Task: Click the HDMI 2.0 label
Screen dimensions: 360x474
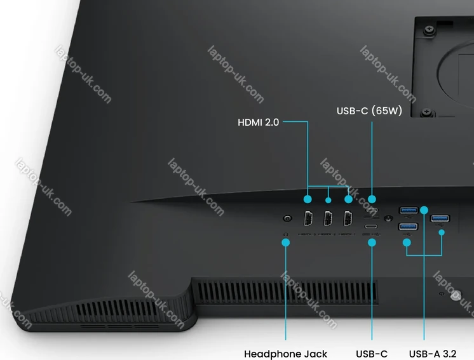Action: (x=258, y=122)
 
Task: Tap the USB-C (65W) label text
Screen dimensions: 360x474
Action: (x=369, y=111)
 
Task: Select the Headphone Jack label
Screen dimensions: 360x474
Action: (x=285, y=354)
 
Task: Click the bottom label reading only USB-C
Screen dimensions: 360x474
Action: (x=372, y=354)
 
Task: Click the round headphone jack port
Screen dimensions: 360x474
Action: (x=288, y=219)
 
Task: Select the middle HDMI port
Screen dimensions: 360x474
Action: (x=328, y=219)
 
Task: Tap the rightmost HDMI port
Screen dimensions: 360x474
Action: (x=348, y=219)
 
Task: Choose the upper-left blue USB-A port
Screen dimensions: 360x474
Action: (x=407, y=210)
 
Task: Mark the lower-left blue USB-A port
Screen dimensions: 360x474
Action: (x=407, y=227)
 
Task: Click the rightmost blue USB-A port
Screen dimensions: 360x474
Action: (x=440, y=219)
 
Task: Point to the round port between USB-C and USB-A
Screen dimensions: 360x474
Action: (x=388, y=219)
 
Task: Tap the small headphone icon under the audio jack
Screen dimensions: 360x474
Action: (x=286, y=234)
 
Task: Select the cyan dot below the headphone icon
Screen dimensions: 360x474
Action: (x=286, y=243)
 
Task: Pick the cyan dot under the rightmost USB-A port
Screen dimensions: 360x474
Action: (x=441, y=232)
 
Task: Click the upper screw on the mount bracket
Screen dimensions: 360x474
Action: (x=430, y=30)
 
